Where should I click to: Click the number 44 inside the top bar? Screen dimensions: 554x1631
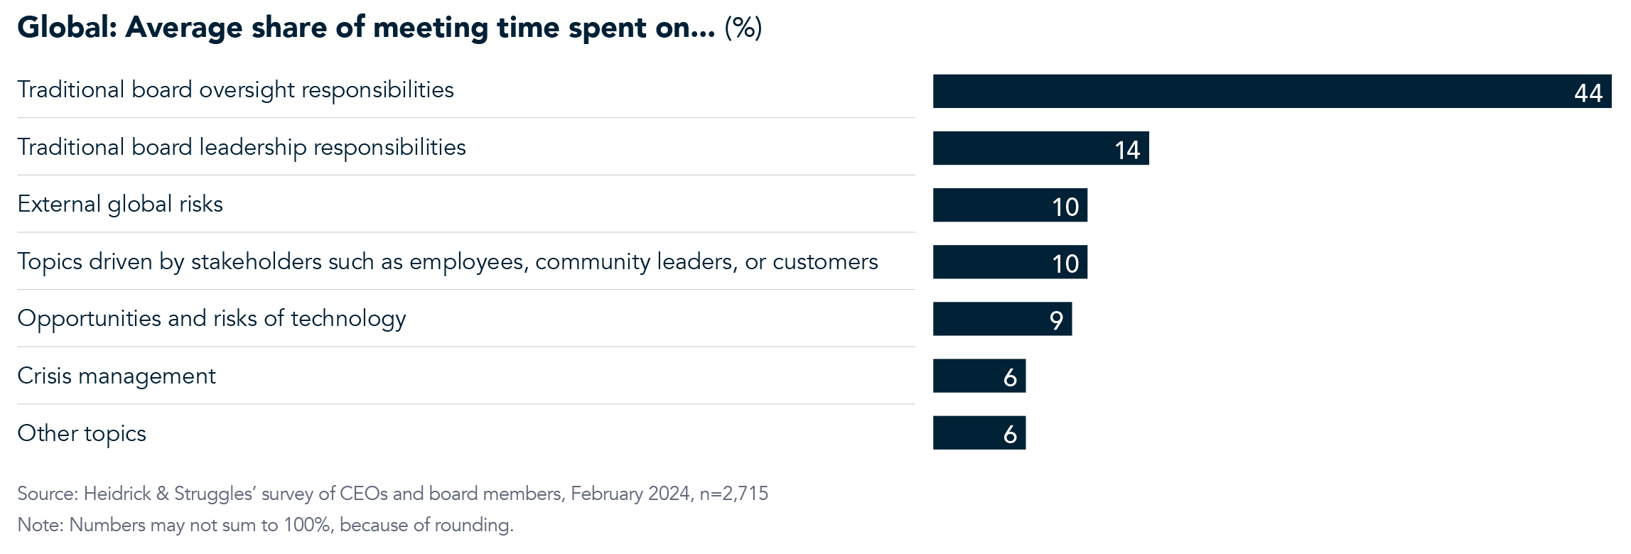point(1588,93)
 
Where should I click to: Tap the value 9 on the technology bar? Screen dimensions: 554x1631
point(1056,320)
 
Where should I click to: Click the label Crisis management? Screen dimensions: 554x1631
point(117,376)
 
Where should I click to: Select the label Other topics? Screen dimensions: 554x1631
point(82,433)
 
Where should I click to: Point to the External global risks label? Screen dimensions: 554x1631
point(120,205)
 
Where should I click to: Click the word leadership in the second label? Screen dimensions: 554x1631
point(253,147)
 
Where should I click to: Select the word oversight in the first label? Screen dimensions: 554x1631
point(247,90)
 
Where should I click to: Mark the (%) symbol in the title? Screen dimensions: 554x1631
point(743,28)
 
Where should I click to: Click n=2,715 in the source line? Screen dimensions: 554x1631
point(733,494)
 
